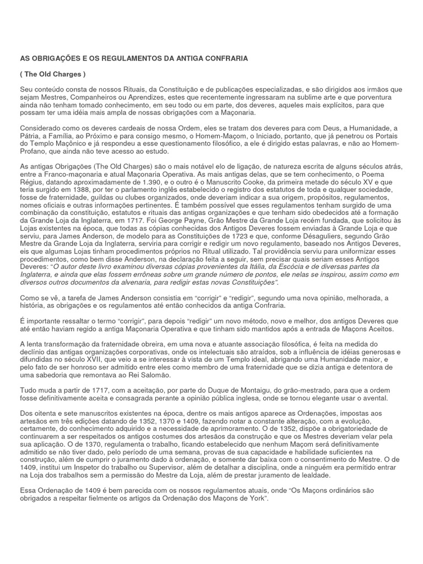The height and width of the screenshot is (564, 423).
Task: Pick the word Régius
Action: click(32, 182)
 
